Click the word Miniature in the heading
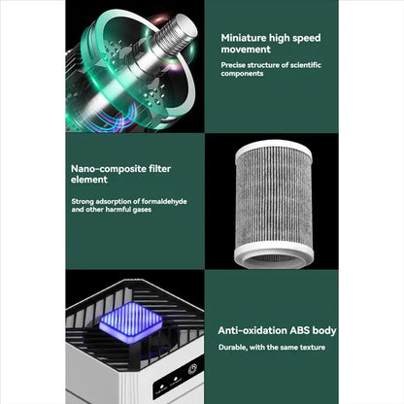(x=244, y=36)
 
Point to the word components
(x=244, y=73)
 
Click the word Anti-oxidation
(x=255, y=330)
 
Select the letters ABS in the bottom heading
(x=304, y=330)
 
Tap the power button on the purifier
(x=192, y=369)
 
